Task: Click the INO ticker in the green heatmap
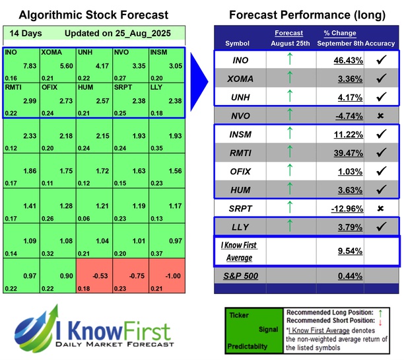[x=11, y=51]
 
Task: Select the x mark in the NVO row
[x=380, y=116]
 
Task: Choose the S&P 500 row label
[x=242, y=275]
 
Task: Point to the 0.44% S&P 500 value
[x=337, y=275]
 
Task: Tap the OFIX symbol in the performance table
[x=242, y=171]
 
